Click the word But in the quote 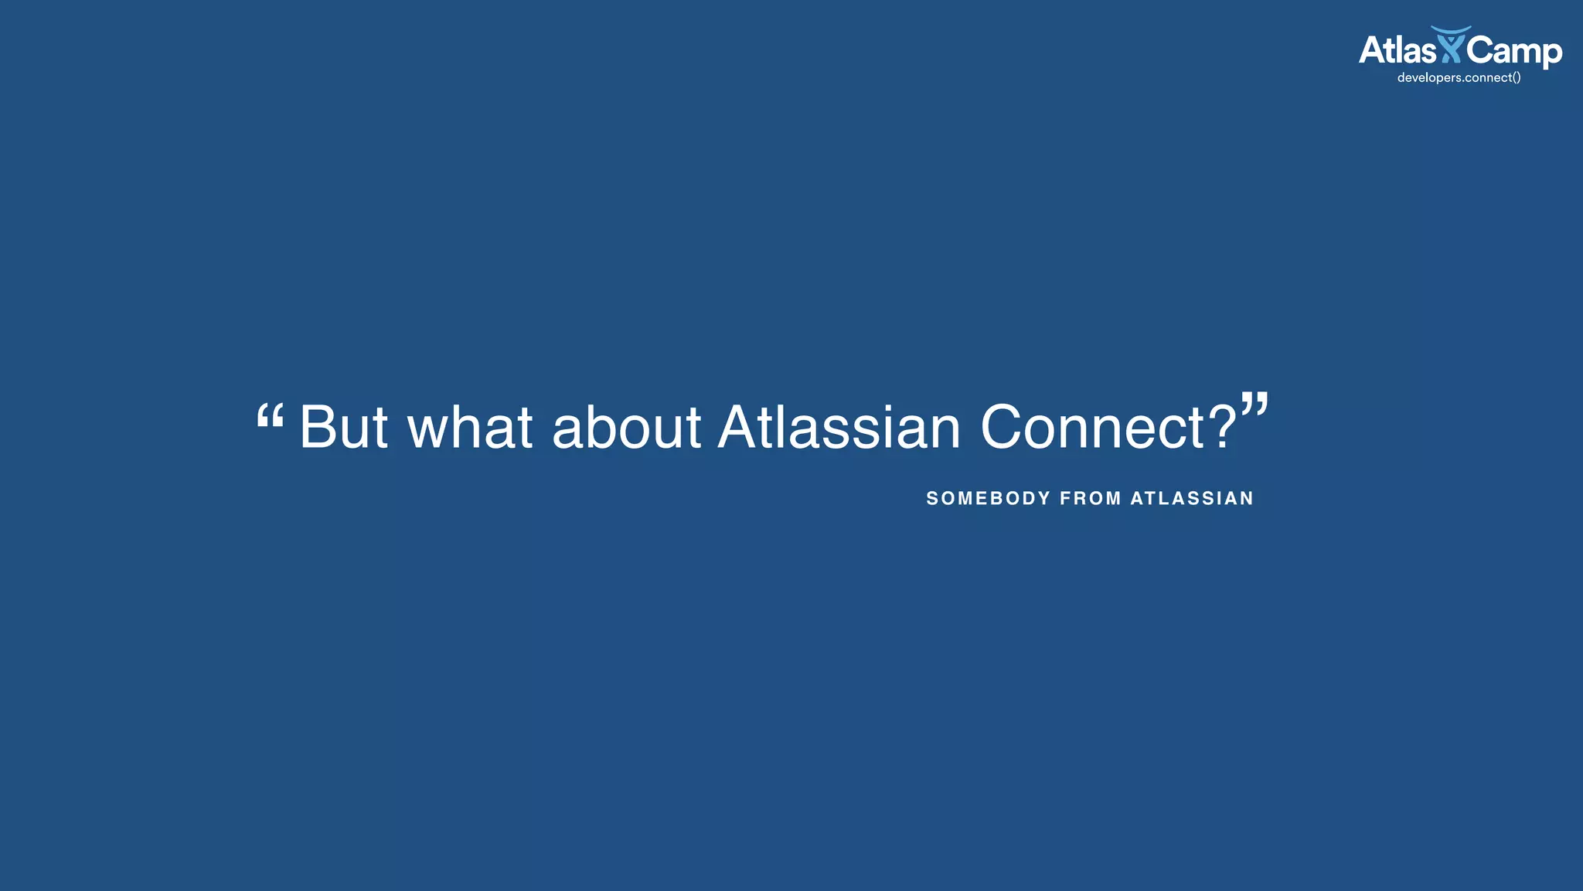point(344,427)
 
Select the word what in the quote point(470,427)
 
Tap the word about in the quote point(626,427)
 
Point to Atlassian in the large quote point(839,427)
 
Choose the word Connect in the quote point(1093,427)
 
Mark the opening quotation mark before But point(270,418)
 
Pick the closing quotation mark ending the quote point(1254,405)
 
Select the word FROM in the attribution point(1091,499)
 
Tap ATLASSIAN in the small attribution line point(1192,499)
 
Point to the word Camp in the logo point(1514,51)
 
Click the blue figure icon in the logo point(1451,45)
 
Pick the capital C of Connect point(1003,427)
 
